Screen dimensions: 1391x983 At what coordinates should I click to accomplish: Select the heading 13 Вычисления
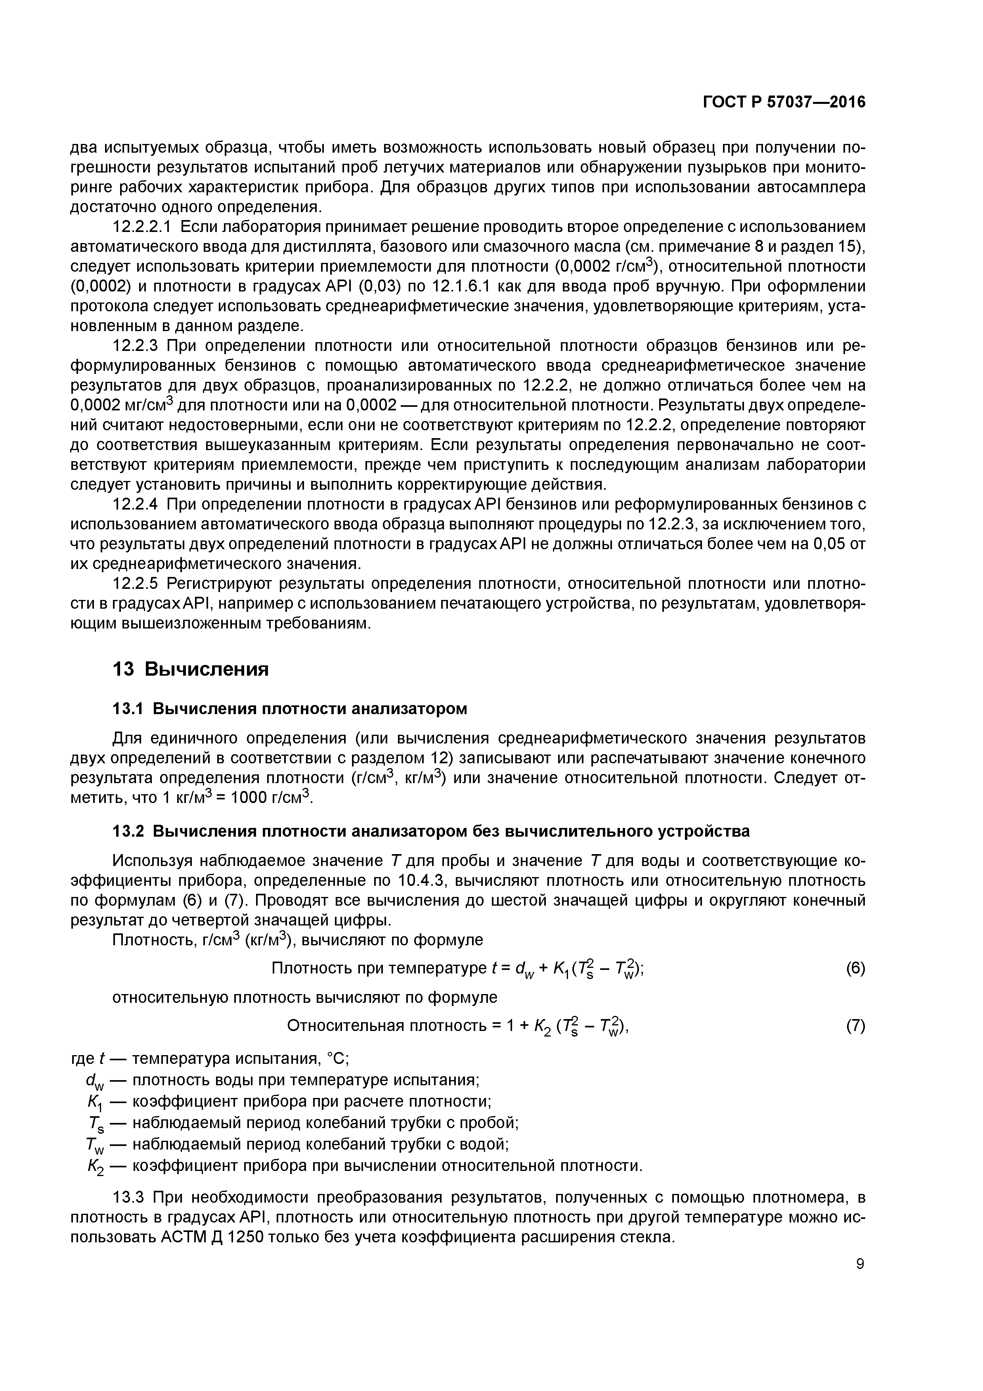coord(191,669)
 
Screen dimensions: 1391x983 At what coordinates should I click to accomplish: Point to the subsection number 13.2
coord(128,831)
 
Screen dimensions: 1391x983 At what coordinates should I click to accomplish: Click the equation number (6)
coord(855,969)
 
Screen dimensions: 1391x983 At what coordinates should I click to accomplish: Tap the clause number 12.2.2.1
coord(143,227)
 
